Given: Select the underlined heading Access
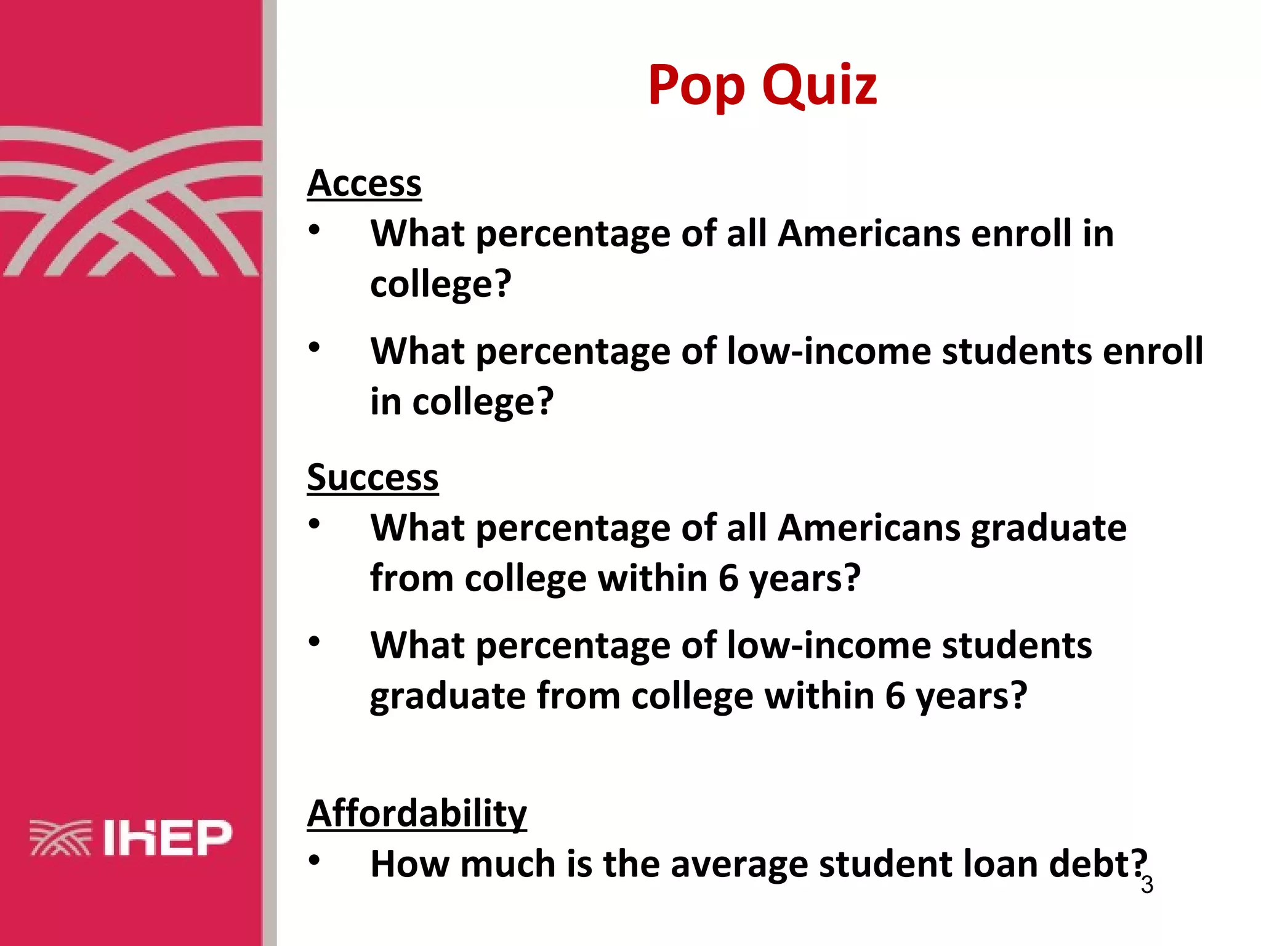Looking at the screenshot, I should coord(365,184).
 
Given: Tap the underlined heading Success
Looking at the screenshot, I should coord(373,477).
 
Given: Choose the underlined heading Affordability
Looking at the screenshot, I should coord(417,813).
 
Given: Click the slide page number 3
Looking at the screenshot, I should coord(1147,885).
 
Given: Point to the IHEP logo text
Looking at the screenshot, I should coord(167,838).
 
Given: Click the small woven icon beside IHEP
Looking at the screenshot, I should coord(60,838).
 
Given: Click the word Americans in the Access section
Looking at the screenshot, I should coord(868,234).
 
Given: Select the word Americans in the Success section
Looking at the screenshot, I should coord(868,528).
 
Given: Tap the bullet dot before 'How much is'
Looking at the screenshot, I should coord(315,860).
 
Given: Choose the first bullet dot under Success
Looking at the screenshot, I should coord(315,525).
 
